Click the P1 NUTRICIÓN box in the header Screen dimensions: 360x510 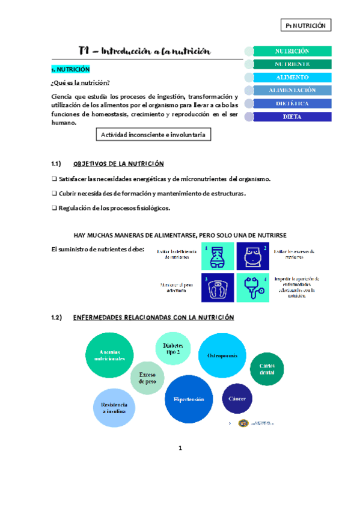tap(306, 25)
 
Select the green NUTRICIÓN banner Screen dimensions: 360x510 tap(292, 52)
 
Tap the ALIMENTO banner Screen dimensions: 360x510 tap(292, 78)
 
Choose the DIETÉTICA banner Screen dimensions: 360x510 tap(292, 103)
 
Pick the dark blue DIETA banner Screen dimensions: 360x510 tap(292, 117)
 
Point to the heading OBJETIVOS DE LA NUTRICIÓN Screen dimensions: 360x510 tap(118, 164)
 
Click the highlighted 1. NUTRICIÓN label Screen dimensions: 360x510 tap(70, 70)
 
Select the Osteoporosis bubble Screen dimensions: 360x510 tap(222, 356)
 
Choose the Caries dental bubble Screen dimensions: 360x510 tap(267, 369)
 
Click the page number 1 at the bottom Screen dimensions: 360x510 tap(180, 448)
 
